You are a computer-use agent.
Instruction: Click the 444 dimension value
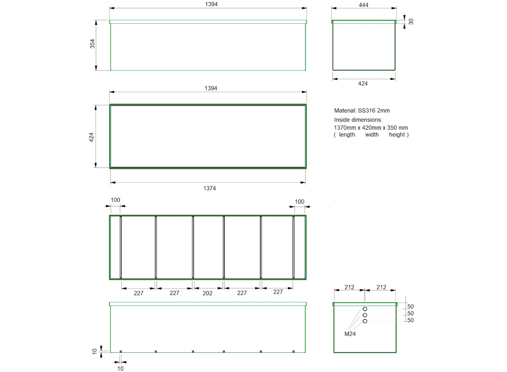(363, 5)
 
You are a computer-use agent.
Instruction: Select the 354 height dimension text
(92, 44)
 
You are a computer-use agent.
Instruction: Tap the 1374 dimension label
(209, 188)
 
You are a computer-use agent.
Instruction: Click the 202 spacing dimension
(207, 293)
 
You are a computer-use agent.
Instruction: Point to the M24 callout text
(350, 334)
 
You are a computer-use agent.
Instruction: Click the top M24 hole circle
(365, 309)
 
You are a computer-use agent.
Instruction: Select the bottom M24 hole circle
(365, 321)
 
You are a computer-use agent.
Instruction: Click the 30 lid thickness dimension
(411, 22)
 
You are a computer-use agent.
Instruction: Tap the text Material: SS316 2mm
(362, 110)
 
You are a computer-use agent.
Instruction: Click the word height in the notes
(397, 134)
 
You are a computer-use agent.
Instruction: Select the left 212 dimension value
(349, 287)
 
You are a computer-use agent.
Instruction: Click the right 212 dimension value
(381, 287)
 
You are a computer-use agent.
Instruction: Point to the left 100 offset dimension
(115, 200)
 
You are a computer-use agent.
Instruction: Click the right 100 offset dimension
(299, 202)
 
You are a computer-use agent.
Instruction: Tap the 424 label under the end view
(363, 83)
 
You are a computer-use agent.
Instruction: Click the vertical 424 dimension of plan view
(91, 137)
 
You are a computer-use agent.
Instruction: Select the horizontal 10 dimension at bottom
(120, 369)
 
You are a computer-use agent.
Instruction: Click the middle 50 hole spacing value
(410, 314)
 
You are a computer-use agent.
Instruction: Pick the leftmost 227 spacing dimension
(138, 293)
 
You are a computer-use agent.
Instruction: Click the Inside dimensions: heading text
(358, 120)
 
